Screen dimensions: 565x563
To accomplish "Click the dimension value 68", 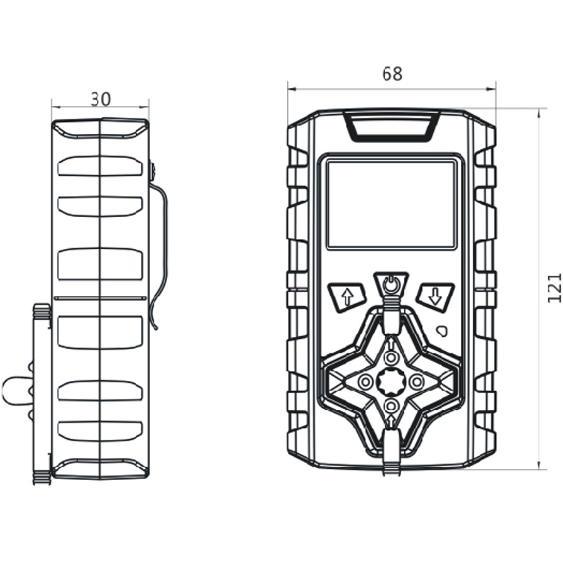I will click(391, 75).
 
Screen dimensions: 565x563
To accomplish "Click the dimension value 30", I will click(101, 99).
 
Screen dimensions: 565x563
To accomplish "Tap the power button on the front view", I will click(391, 283).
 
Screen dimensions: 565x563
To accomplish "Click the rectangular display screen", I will click(391, 203).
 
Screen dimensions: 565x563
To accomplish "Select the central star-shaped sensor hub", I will click(391, 381).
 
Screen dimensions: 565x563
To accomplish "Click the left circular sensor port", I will click(365, 382).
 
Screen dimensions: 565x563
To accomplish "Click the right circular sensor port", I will click(417, 382).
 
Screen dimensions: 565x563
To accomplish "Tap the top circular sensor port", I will click(391, 356).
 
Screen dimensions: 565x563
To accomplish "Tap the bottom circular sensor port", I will click(391, 406).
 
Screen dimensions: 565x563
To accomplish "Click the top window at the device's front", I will click(391, 126).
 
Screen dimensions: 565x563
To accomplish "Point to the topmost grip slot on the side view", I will click(100, 165).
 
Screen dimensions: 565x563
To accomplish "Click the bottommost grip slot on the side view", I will click(100, 431).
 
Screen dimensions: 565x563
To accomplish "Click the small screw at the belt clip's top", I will click(151, 172).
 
